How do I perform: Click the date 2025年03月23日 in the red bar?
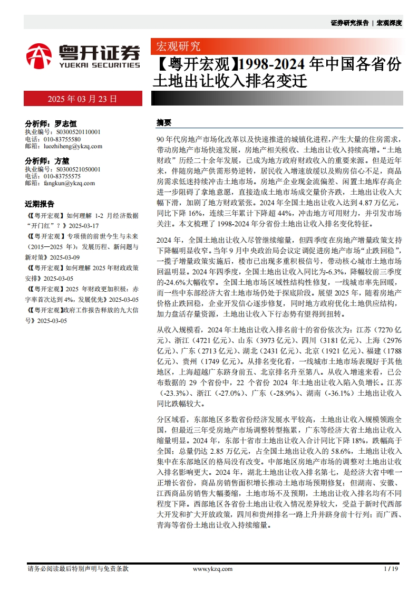[82, 99]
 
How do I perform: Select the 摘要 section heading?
[164, 122]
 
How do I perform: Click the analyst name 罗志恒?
[65, 123]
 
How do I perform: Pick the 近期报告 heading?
[40, 204]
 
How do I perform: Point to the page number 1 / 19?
[391, 569]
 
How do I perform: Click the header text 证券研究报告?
[349, 23]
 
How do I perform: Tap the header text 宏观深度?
[389, 23]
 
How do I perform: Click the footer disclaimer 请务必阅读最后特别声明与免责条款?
[77, 569]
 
